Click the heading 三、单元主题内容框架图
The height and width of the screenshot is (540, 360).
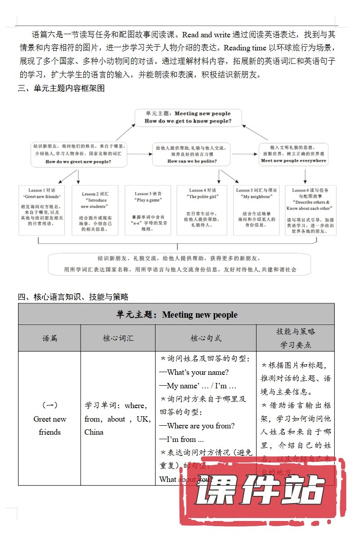(61, 89)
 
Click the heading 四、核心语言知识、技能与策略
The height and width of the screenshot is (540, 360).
(73, 297)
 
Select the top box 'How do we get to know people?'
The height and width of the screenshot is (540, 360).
(188, 117)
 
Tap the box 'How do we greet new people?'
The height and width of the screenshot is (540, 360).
(78, 153)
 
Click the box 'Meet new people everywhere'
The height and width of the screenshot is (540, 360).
(293, 154)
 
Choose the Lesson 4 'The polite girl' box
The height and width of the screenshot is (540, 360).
(202, 210)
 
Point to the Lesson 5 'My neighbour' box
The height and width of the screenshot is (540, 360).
(256, 210)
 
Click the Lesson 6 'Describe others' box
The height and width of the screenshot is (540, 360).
(310, 210)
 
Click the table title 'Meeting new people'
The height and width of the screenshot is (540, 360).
(176, 315)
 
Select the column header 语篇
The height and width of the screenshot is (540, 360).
(49, 338)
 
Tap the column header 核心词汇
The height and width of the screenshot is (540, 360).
(118, 338)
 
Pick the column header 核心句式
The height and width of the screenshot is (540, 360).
(206, 338)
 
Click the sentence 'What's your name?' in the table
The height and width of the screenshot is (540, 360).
(194, 372)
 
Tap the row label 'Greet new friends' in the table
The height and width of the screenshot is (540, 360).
(49, 425)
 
